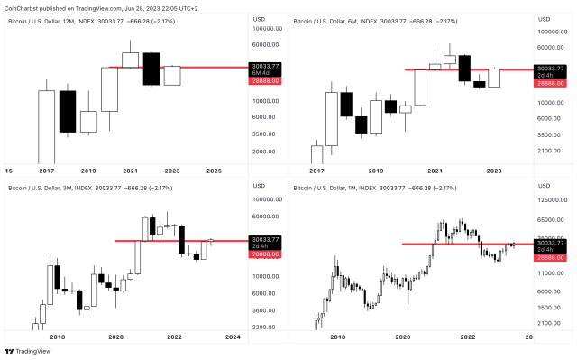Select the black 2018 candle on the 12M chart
68,111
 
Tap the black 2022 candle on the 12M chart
151,68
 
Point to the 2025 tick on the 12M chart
214,170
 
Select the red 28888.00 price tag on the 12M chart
265,81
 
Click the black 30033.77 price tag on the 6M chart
551,68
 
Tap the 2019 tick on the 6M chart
375,170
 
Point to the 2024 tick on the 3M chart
233,337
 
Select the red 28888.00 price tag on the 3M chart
265,256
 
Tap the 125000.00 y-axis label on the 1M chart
551,200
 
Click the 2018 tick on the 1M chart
337,337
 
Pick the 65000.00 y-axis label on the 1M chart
551,221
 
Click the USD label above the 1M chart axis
543,188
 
